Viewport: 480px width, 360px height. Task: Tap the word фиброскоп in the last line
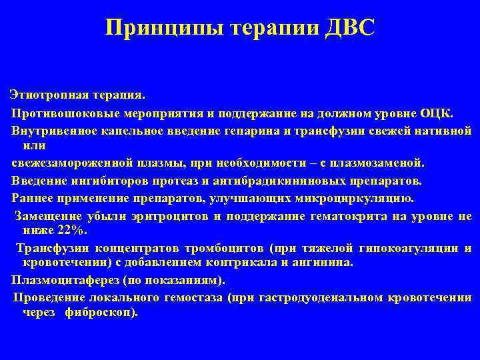coord(100,312)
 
